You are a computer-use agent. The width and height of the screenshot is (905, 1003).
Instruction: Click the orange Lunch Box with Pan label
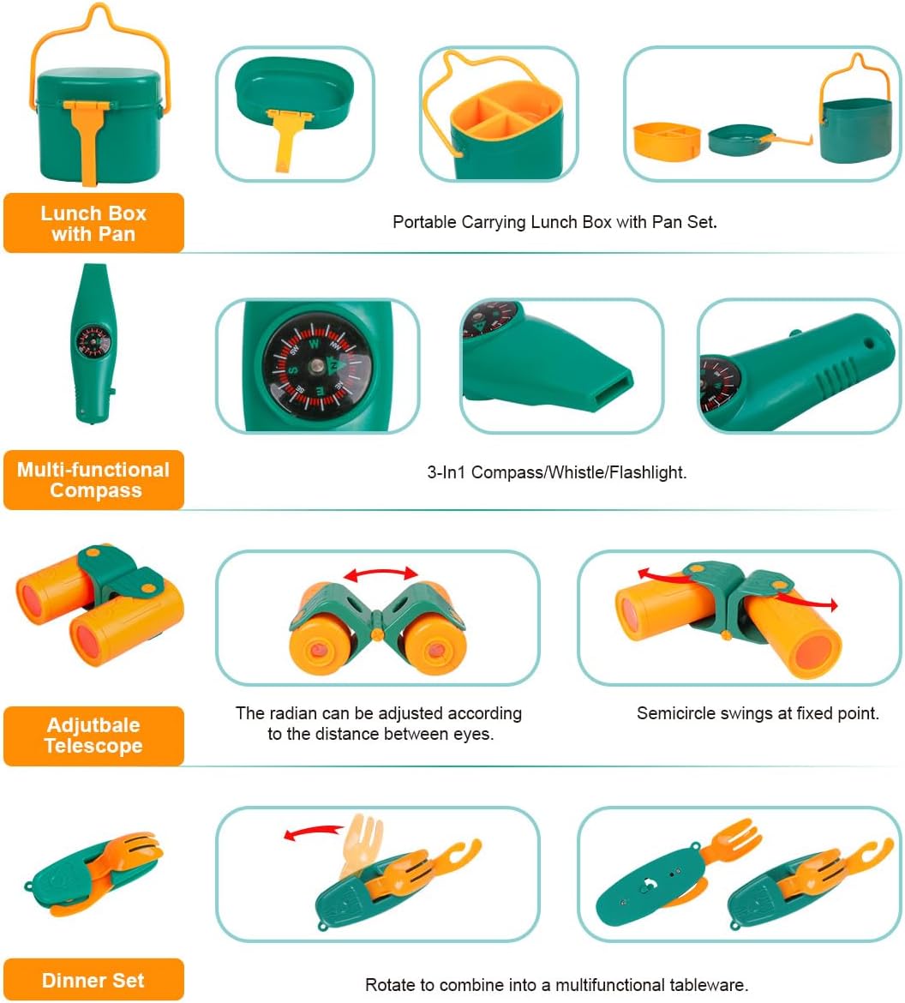click(93, 223)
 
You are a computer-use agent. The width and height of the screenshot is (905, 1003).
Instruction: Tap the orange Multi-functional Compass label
click(94, 480)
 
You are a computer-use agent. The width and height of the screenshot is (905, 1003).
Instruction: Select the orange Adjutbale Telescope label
click(93, 736)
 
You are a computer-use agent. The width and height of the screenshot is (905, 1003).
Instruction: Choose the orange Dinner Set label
click(93, 980)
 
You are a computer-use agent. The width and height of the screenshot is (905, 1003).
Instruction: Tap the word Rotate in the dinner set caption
click(390, 985)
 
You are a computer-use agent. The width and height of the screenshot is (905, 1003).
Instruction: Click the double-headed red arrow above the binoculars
click(380, 574)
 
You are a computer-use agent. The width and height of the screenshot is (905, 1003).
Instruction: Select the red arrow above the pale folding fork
click(312, 832)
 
